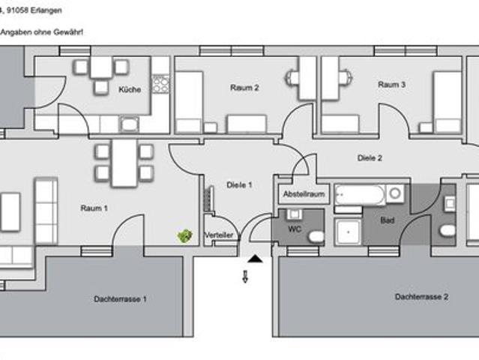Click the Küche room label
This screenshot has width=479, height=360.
tap(130, 91)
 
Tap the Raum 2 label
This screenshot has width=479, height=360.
tap(244, 87)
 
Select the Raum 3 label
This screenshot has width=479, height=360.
tap(392, 85)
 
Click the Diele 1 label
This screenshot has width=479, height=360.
tap(239, 184)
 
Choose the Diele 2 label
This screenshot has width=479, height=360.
tap(370, 158)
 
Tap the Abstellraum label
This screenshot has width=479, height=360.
tap(304, 194)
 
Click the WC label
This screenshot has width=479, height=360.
tap(295, 229)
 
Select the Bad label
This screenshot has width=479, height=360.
tap(388, 221)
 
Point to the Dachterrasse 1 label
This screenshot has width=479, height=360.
tap(120, 298)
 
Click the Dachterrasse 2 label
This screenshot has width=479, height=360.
tap(421, 297)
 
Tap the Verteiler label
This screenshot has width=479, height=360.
tap(219, 235)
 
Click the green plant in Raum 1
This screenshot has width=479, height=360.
tap(184, 236)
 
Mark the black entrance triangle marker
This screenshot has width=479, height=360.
tap(256, 259)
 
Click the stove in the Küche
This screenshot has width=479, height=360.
tap(160, 83)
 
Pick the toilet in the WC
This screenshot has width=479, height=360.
tap(316, 237)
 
